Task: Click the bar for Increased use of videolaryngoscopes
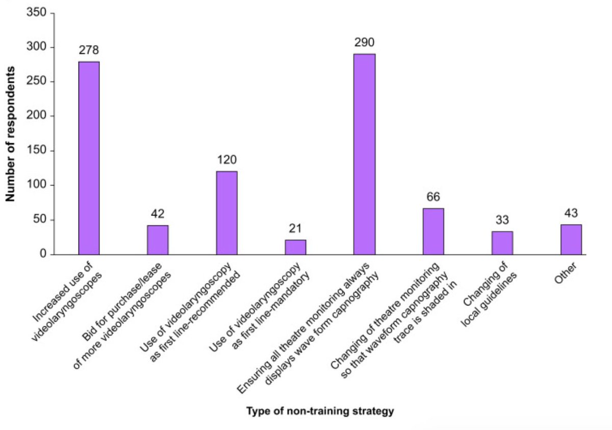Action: (89, 158)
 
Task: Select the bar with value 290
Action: (364, 154)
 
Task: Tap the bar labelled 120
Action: (226, 213)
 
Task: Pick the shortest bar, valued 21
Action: (295, 247)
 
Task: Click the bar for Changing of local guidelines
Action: (502, 243)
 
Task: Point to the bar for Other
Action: (571, 239)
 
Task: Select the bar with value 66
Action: (433, 231)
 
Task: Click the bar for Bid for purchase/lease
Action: (158, 239)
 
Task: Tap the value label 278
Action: (89, 50)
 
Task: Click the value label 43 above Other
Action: (571, 213)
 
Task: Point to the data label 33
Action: (502, 220)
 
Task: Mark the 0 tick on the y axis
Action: (43, 254)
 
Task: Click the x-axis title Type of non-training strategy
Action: (320, 411)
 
